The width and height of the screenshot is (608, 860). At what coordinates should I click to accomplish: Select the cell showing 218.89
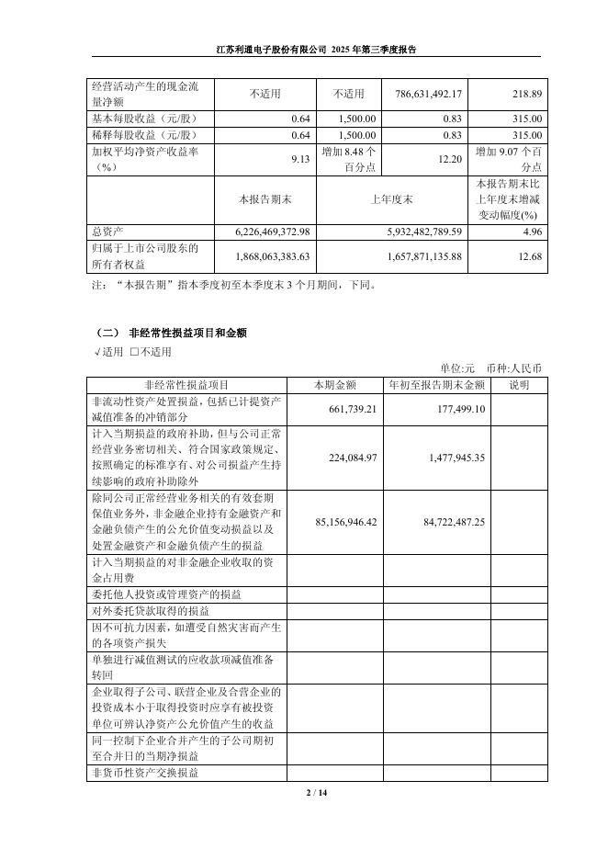(x=526, y=94)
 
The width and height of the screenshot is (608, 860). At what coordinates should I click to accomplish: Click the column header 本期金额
(x=335, y=385)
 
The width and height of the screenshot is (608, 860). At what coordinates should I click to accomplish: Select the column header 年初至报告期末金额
(x=436, y=385)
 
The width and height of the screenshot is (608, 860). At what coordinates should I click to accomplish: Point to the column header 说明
(x=519, y=385)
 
